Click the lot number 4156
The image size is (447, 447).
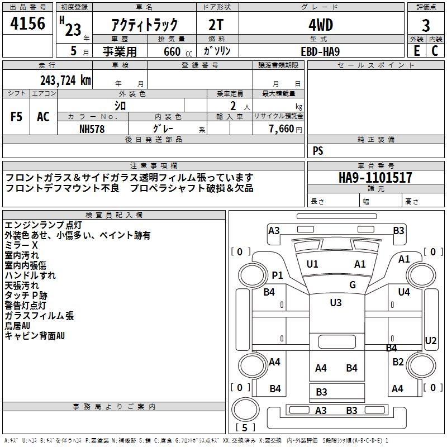tap(27, 23)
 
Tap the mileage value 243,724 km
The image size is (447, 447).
tap(65, 80)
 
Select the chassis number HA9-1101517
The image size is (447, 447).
tap(375, 177)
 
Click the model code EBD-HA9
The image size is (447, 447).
tap(320, 51)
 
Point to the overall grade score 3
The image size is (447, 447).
tap(426, 26)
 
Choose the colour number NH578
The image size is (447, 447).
tap(92, 129)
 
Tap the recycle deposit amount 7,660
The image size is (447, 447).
tap(282, 129)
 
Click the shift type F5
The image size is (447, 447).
tap(16, 117)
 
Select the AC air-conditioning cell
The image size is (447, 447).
tap(44, 117)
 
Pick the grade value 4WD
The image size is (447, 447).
tap(321, 25)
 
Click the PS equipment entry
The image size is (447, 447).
tap(318, 150)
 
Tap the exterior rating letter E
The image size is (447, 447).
tap(417, 51)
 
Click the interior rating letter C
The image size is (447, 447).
tap(435, 51)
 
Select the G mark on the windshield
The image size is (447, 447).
tap(353, 284)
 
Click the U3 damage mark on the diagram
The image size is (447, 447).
tap(336, 302)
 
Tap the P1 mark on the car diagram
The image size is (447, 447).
tap(277, 275)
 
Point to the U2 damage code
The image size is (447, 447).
tap(430, 340)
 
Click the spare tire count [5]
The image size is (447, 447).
tap(245, 427)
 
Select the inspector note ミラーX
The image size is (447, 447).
tap(21, 245)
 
